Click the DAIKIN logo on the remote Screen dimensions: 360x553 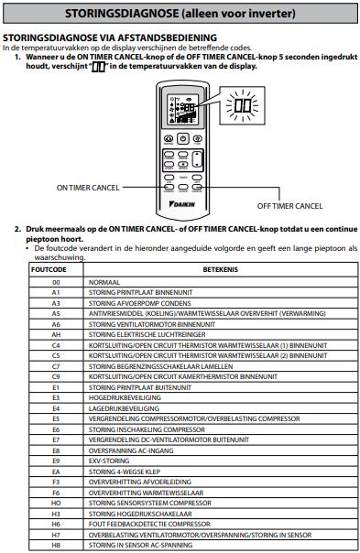(x=182, y=204)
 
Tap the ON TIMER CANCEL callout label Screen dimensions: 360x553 (x=88, y=188)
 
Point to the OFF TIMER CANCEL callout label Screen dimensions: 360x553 (x=289, y=206)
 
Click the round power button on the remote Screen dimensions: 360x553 (x=183, y=138)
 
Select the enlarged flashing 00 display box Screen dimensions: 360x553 (x=242, y=105)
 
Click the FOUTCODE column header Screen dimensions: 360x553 (x=49, y=269)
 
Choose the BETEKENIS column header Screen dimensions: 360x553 (x=221, y=269)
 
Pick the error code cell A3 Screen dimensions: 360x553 (x=56, y=303)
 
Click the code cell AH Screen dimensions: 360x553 (x=56, y=335)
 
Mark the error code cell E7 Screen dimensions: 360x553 (x=56, y=439)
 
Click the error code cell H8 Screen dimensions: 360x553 (x=56, y=545)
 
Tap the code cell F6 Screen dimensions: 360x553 (x=56, y=493)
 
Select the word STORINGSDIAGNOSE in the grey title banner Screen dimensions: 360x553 (x=122, y=14)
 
